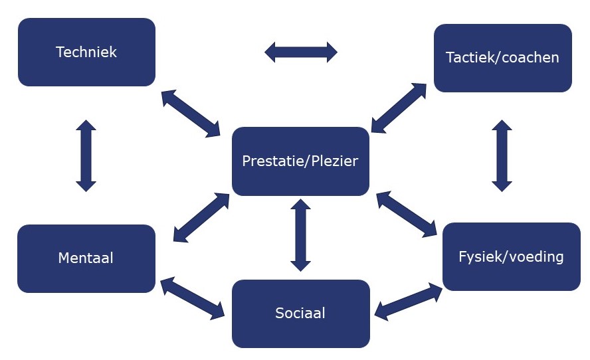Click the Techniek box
tap(86, 52)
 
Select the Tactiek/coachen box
tap(502, 58)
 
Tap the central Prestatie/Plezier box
tap(300, 161)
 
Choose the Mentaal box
tap(86, 258)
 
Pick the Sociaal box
tap(300, 313)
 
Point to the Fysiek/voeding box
tap(511, 256)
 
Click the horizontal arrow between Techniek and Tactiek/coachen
tap(301, 52)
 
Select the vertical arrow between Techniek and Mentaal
tap(86, 155)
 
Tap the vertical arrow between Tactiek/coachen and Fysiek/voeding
tap(502, 155)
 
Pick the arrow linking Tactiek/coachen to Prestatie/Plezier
tap(399, 108)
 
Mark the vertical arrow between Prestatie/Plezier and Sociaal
tap(301, 235)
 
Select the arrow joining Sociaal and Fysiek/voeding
tap(409, 300)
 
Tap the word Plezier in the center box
tap(332, 161)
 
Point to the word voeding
tap(537, 256)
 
